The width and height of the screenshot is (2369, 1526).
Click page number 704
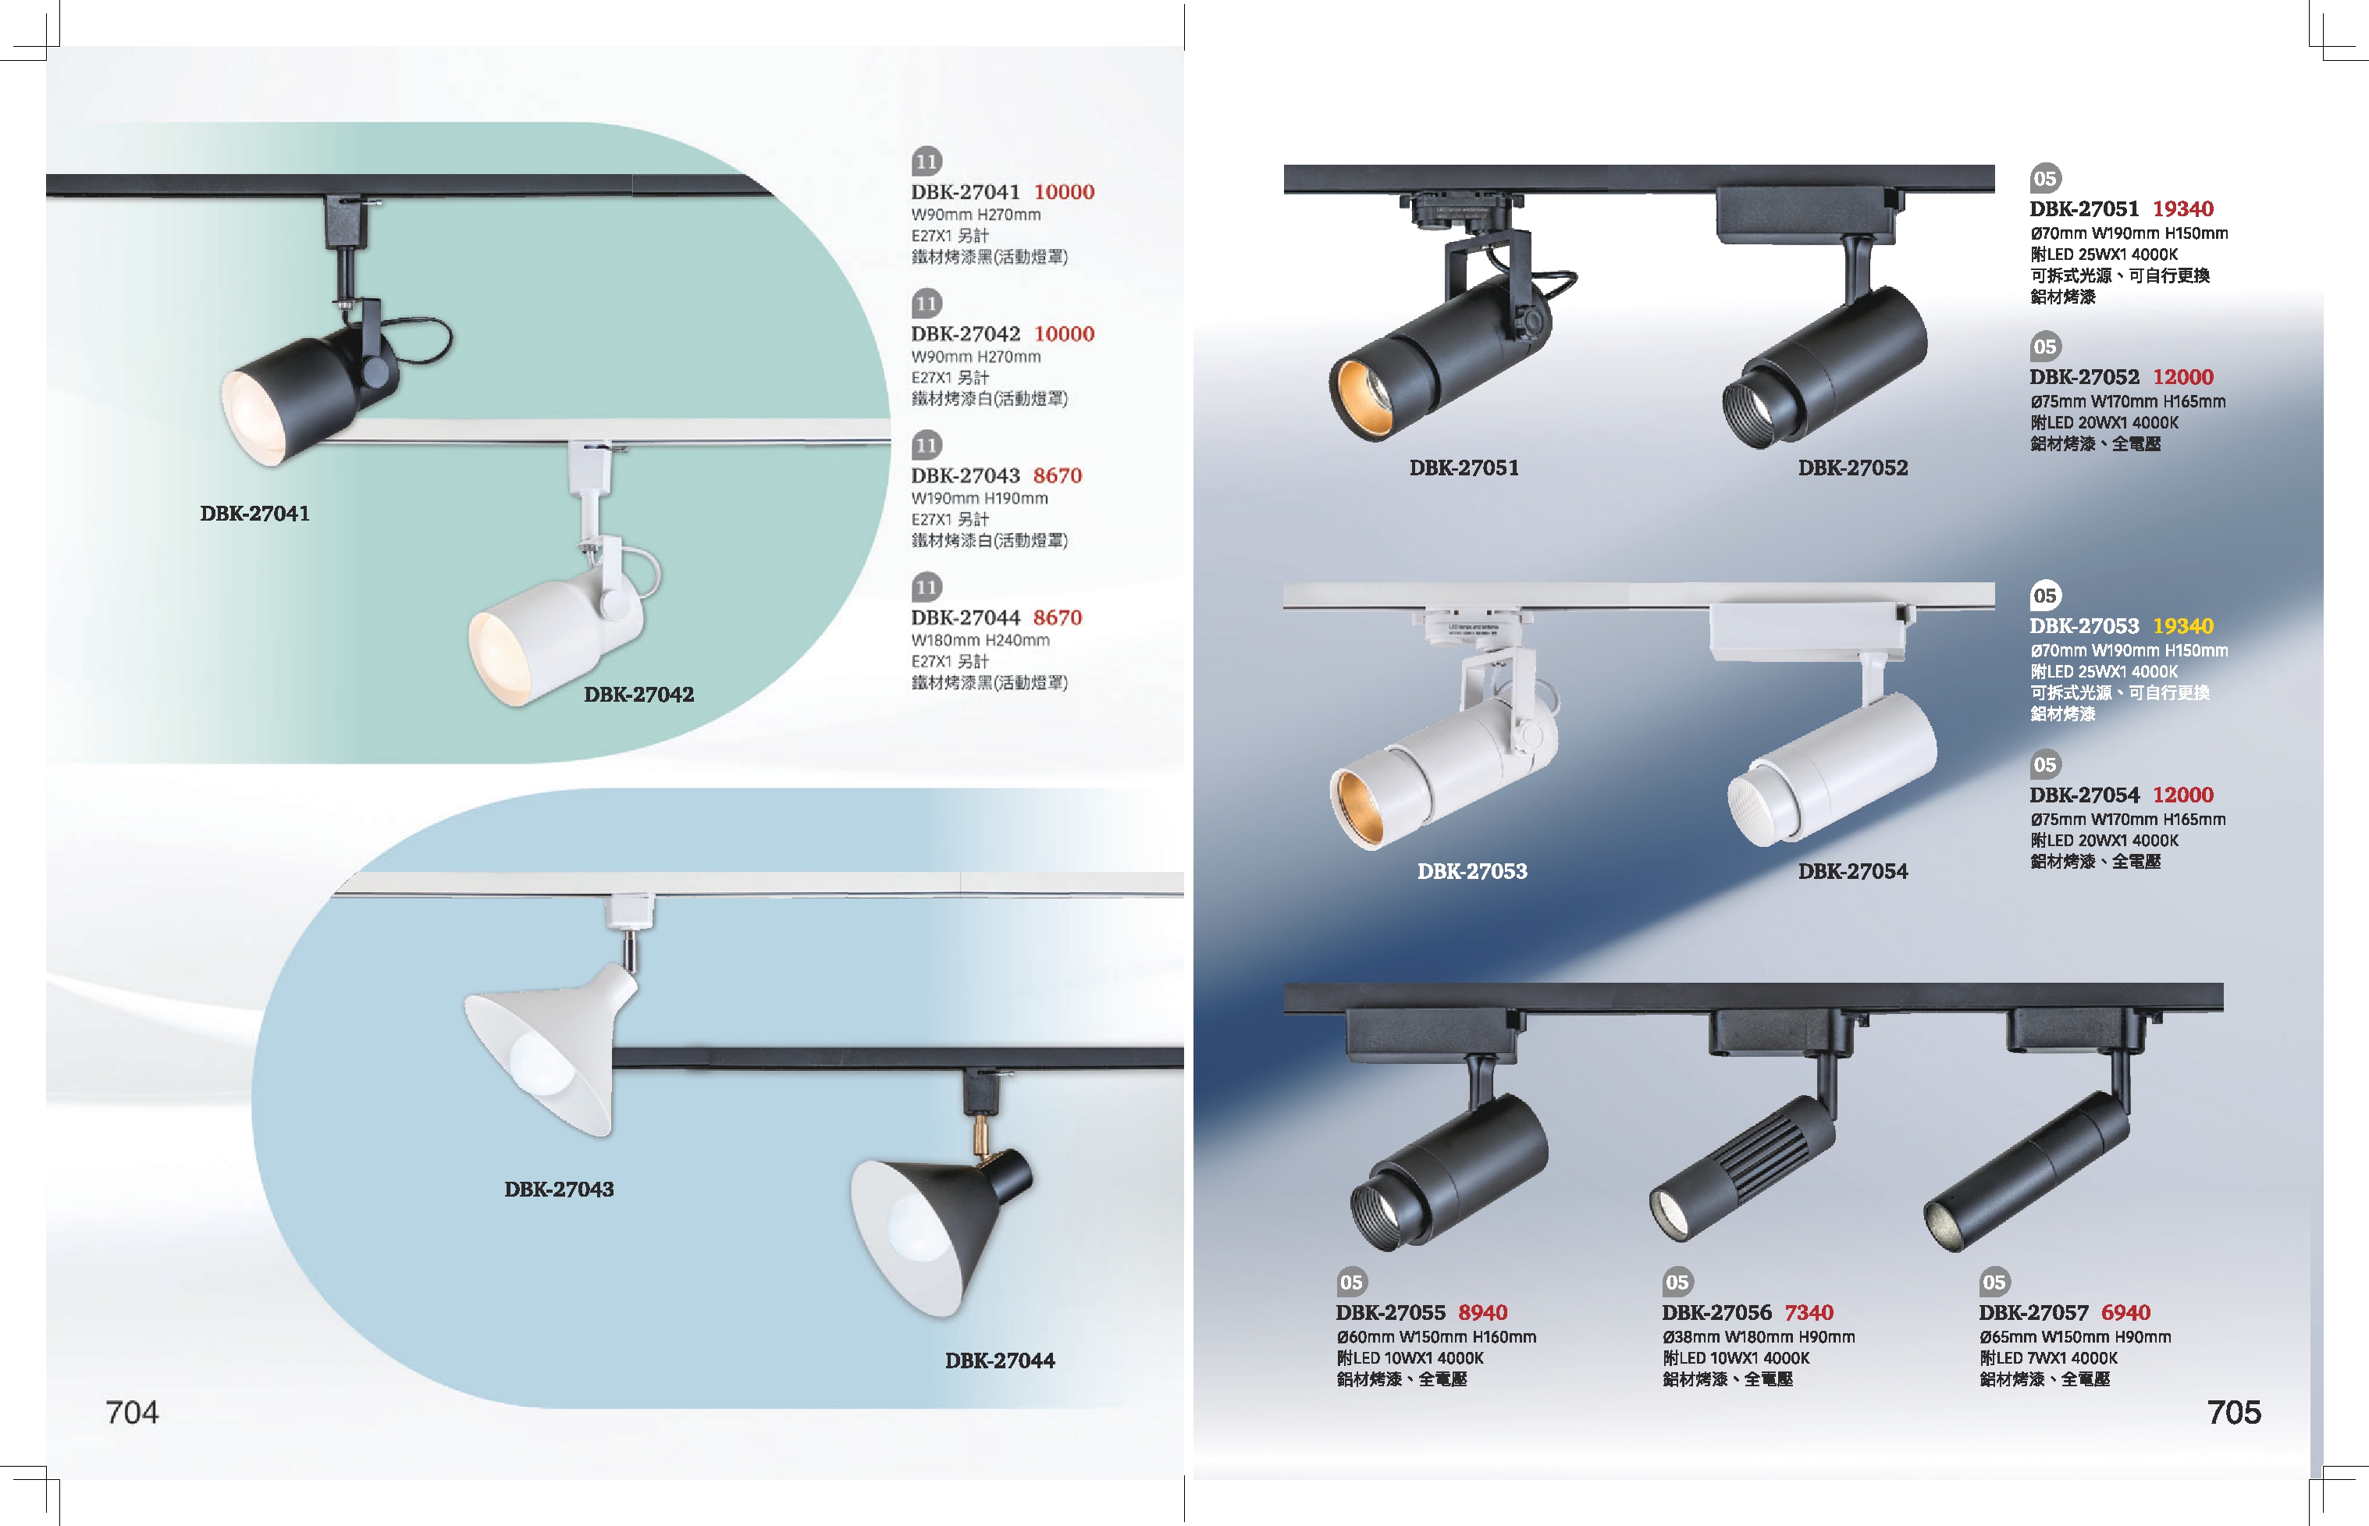click(x=132, y=1412)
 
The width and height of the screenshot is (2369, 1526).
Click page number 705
click(x=2233, y=1412)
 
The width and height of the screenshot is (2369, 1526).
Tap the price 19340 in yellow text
click(x=2182, y=626)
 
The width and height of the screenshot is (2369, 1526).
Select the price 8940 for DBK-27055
click(x=1482, y=1313)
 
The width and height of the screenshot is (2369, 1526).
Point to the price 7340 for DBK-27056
click(x=1809, y=1313)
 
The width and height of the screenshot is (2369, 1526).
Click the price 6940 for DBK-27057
click(x=2125, y=1313)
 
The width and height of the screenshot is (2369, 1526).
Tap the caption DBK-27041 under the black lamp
click(x=254, y=514)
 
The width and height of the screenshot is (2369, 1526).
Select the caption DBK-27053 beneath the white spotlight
click(x=1471, y=872)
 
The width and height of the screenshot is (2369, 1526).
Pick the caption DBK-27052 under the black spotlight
click(x=1853, y=468)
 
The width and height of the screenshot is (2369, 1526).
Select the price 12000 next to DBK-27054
click(x=2182, y=795)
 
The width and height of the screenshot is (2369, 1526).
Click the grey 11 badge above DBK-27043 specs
click(x=927, y=445)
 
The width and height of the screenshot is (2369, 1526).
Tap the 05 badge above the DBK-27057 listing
click(x=1994, y=1282)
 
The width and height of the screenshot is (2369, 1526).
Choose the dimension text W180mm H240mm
click(x=980, y=640)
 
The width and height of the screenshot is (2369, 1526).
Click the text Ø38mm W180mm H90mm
click(x=1758, y=1337)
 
